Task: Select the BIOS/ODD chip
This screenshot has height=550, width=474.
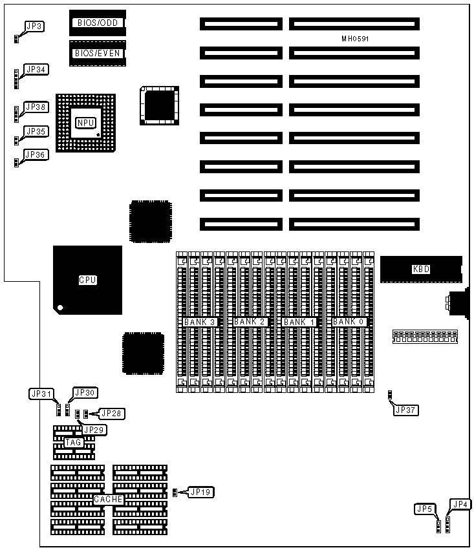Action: coord(98,22)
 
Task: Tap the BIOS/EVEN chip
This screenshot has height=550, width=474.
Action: coord(98,53)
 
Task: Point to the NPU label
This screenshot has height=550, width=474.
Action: coord(85,123)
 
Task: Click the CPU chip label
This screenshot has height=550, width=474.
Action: coord(87,280)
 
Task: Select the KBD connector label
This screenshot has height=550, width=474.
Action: coord(421,269)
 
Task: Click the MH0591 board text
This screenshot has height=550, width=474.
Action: coord(355,39)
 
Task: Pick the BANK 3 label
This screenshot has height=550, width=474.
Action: coord(200,321)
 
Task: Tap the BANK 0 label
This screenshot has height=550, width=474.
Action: coord(350,321)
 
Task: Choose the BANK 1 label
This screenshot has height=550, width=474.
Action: coord(299,321)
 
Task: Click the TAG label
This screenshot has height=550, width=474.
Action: coord(74,443)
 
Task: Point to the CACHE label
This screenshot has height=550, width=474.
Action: coord(107,500)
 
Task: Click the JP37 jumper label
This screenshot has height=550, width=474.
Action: coord(407,409)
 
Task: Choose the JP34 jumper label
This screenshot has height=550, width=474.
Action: coord(36,69)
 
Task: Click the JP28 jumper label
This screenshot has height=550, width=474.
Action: coord(111,413)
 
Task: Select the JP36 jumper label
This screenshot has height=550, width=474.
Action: coord(36,154)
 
